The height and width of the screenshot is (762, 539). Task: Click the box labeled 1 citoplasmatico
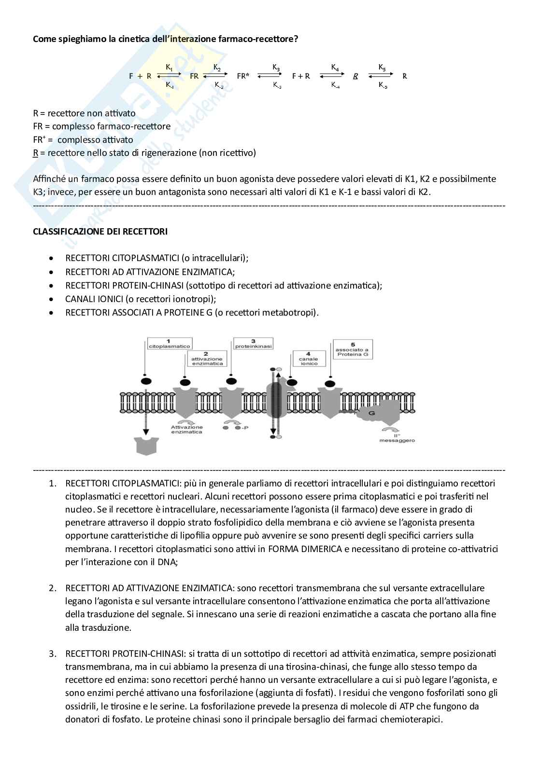[169, 344]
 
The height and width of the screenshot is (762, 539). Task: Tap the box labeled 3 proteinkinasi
[254, 344]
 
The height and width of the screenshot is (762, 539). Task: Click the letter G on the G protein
[371, 413]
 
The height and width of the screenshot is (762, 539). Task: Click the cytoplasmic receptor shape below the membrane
[146, 445]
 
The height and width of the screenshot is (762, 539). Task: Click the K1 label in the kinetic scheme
[169, 68]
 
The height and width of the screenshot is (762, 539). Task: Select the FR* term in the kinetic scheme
[243, 76]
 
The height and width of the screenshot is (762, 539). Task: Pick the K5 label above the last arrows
[382, 67]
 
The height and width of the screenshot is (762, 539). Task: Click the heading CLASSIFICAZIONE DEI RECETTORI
[100, 232]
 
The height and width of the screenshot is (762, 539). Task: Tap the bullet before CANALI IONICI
[52, 299]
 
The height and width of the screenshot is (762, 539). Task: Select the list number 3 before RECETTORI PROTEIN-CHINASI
[53, 654]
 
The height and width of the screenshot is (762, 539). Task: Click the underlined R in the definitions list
[35, 153]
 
